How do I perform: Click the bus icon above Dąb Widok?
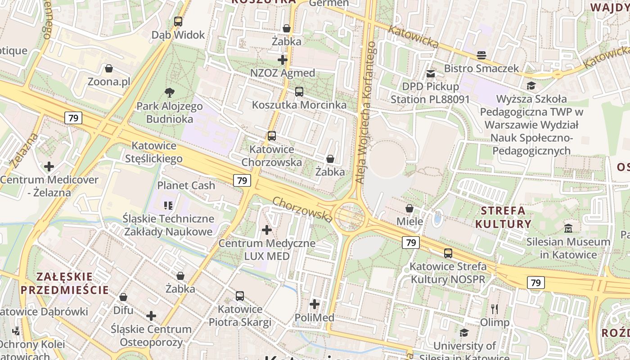(x=178, y=21)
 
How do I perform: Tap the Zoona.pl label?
(x=109, y=82)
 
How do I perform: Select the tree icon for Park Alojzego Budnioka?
(x=170, y=93)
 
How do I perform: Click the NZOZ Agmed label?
(x=283, y=73)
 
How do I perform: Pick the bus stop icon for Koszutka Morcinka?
(x=299, y=92)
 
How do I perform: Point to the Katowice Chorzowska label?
(x=272, y=156)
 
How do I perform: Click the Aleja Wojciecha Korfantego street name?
(x=365, y=112)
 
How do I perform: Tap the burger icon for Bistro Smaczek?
(x=481, y=55)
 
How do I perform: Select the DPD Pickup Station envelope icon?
(x=431, y=73)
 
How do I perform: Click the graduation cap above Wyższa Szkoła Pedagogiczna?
(x=531, y=85)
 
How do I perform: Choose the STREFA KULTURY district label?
(x=503, y=217)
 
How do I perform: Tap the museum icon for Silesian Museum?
(x=568, y=229)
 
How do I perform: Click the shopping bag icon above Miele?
(x=409, y=208)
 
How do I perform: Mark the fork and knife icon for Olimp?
(x=495, y=309)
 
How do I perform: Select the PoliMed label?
(x=315, y=318)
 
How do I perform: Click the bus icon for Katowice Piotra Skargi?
(x=240, y=296)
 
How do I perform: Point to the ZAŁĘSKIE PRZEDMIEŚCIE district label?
(x=65, y=283)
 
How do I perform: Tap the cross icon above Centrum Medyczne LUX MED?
(x=267, y=230)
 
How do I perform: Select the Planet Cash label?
(x=186, y=185)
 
